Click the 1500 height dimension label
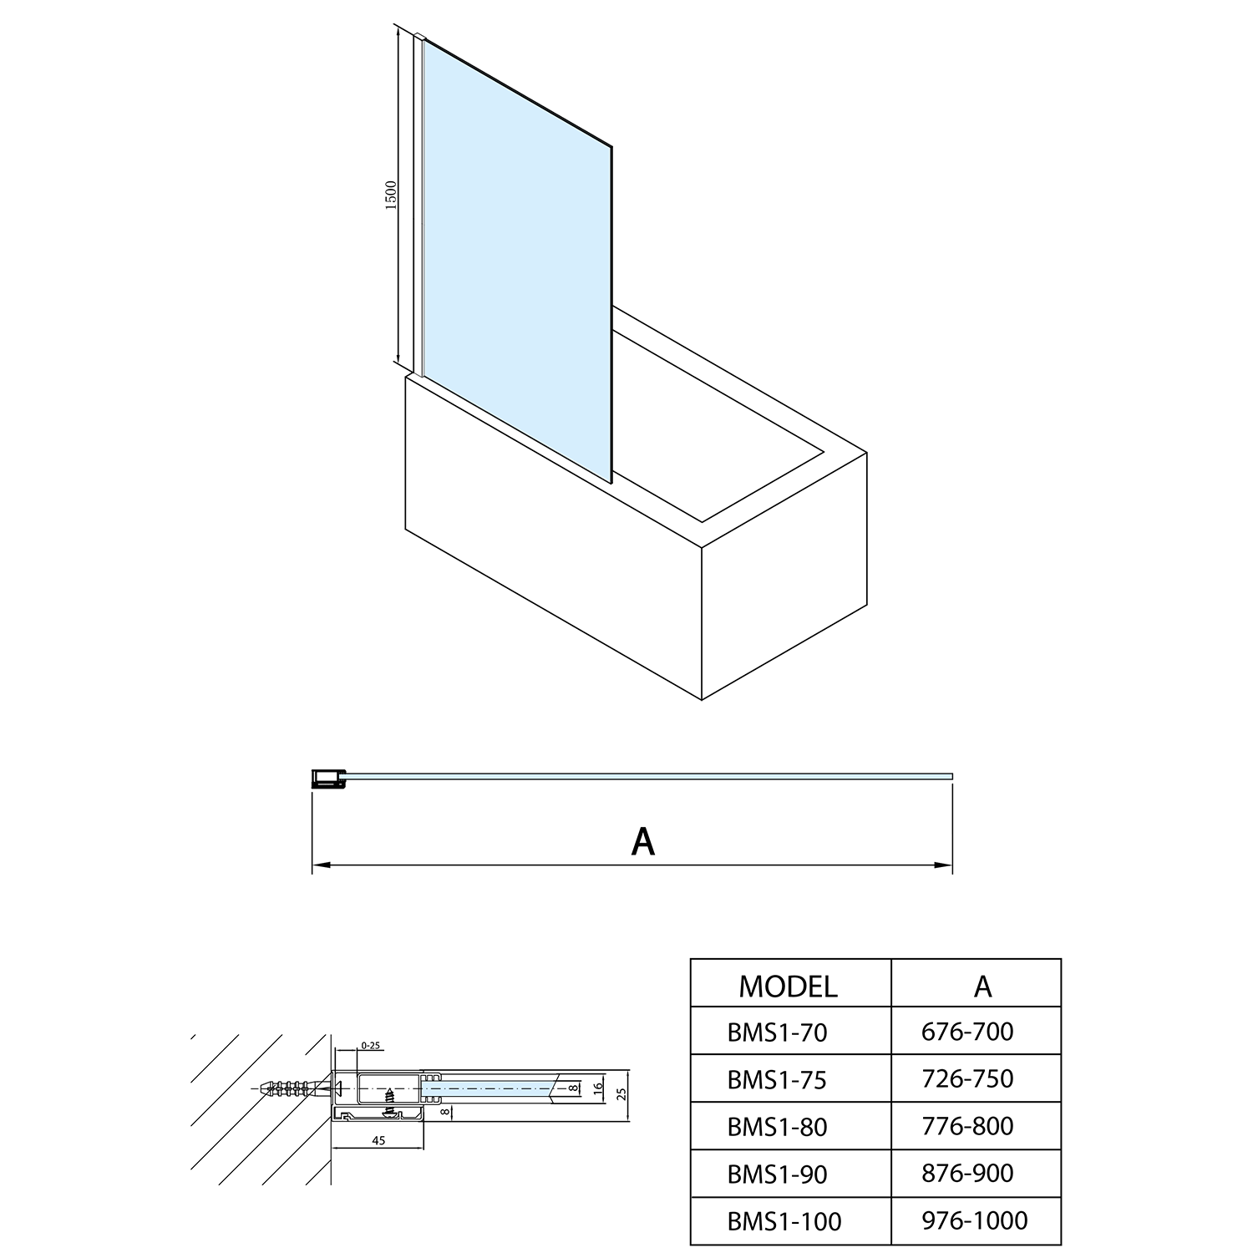(392, 195)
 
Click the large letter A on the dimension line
(642, 842)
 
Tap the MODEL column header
(788, 987)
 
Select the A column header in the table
(982, 987)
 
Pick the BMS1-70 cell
(777, 1033)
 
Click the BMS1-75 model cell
(777, 1080)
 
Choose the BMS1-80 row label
(777, 1128)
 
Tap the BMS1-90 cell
(777, 1174)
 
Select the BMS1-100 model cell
(784, 1222)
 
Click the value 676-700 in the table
(967, 1032)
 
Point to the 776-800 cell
(967, 1126)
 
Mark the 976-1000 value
(974, 1220)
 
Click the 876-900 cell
(967, 1174)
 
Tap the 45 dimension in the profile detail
(378, 1141)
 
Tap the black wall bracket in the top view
(326, 779)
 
